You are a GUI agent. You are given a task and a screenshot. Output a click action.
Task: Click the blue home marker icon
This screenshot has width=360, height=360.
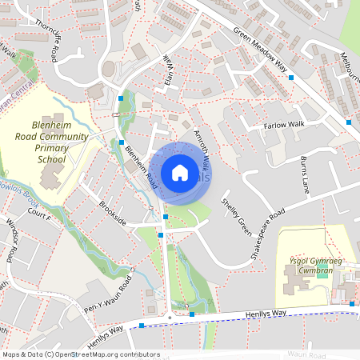point(179,172)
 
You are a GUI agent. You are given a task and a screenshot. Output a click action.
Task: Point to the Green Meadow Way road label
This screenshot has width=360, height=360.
point(260,50)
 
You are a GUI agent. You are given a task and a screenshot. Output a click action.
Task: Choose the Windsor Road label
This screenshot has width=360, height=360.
point(10,239)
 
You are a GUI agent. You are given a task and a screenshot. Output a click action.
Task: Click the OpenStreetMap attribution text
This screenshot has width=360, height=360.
point(80,354)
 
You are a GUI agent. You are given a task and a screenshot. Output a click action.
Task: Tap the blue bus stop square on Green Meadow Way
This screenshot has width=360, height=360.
point(291,78)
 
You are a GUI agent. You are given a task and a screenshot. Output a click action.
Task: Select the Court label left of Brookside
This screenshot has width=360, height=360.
point(38,217)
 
